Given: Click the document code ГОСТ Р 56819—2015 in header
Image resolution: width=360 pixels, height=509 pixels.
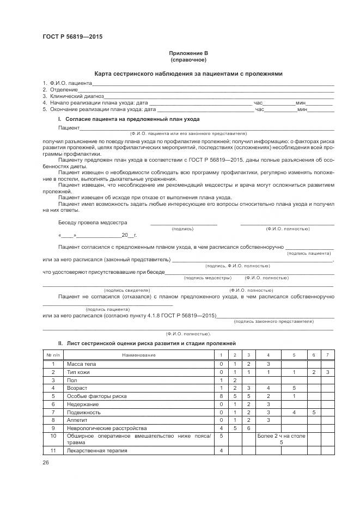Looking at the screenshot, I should pyautogui.click(x=72, y=37).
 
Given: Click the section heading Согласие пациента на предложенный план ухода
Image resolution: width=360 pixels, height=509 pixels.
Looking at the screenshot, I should pyautogui.click(x=132, y=119).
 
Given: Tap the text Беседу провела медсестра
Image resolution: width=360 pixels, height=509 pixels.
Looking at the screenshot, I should pyautogui.click(x=92, y=223).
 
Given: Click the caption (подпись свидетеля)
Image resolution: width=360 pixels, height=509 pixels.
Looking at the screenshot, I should pyautogui.click(x=126, y=291).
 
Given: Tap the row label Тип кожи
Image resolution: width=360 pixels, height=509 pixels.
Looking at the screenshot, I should pyautogui.click(x=78, y=372).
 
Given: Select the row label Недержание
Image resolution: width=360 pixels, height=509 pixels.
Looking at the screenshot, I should pyautogui.click(x=82, y=404).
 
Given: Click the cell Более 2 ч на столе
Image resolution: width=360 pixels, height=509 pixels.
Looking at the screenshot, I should pyautogui.click(x=281, y=437).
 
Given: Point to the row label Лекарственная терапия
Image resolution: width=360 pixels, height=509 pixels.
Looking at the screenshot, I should pyautogui.click(x=96, y=451).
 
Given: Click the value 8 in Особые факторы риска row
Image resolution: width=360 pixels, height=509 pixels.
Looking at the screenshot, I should pyautogui.click(x=221, y=396).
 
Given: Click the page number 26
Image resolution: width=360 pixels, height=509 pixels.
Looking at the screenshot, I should pyautogui.click(x=46, y=463).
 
